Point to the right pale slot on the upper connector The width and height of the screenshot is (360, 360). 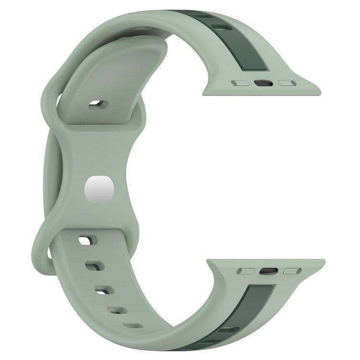(x=287, y=83)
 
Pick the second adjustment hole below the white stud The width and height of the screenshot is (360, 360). (x=94, y=265)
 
